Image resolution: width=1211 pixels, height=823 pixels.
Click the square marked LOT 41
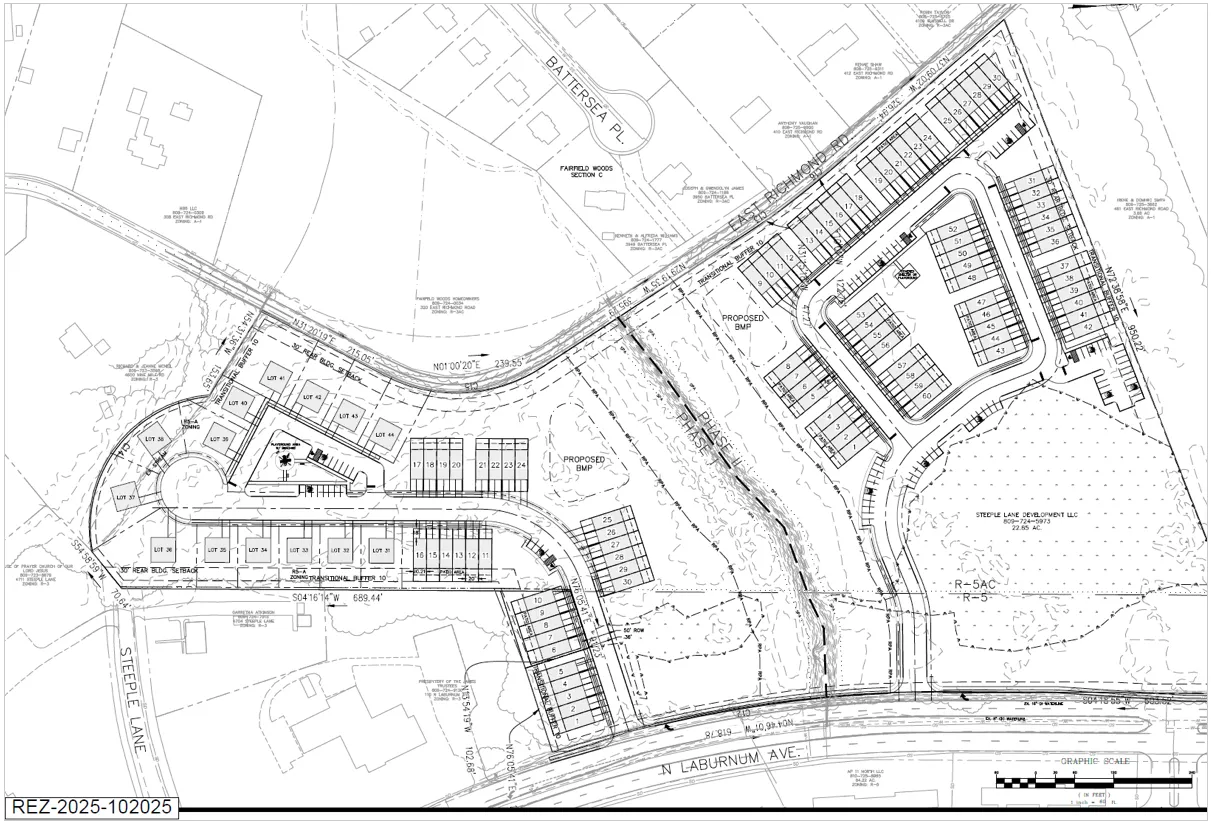pos(274,379)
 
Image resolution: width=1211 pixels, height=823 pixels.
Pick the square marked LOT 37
pos(125,497)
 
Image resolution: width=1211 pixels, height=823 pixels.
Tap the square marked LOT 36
pos(163,550)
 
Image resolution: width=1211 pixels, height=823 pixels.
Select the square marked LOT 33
pos(298,550)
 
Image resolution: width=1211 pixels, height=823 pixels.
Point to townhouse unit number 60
pos(926,396)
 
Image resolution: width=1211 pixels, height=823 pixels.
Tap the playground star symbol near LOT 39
pos(287,458)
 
